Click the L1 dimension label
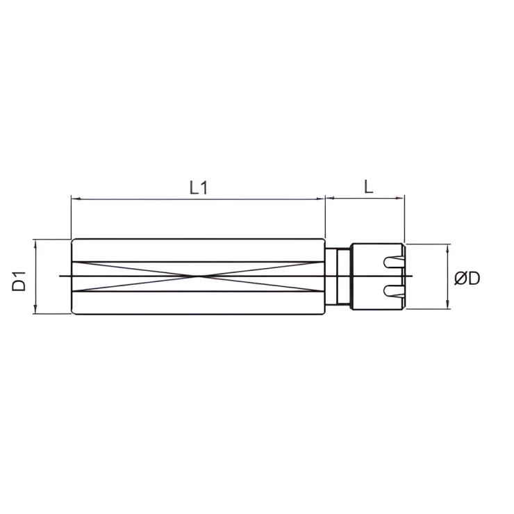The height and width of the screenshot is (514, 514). click(199, 187)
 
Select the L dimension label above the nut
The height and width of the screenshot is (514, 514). click(368, 187)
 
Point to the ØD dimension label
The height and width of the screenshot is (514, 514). click(467, 279)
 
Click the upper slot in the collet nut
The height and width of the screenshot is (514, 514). click(392, 263)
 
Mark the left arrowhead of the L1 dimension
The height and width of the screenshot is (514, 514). click(74, 199)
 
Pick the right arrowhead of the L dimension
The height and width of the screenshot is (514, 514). click(401, 199)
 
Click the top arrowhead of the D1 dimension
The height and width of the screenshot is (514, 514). click(34, 242)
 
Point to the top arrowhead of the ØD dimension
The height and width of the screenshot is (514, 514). click(449, 247)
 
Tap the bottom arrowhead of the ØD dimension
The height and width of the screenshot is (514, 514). click(449, 305)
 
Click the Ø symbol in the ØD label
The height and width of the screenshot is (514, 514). click(461, 279)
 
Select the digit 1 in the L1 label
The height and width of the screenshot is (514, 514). click(205, 187)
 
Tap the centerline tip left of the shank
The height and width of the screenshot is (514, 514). click(61, 276)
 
